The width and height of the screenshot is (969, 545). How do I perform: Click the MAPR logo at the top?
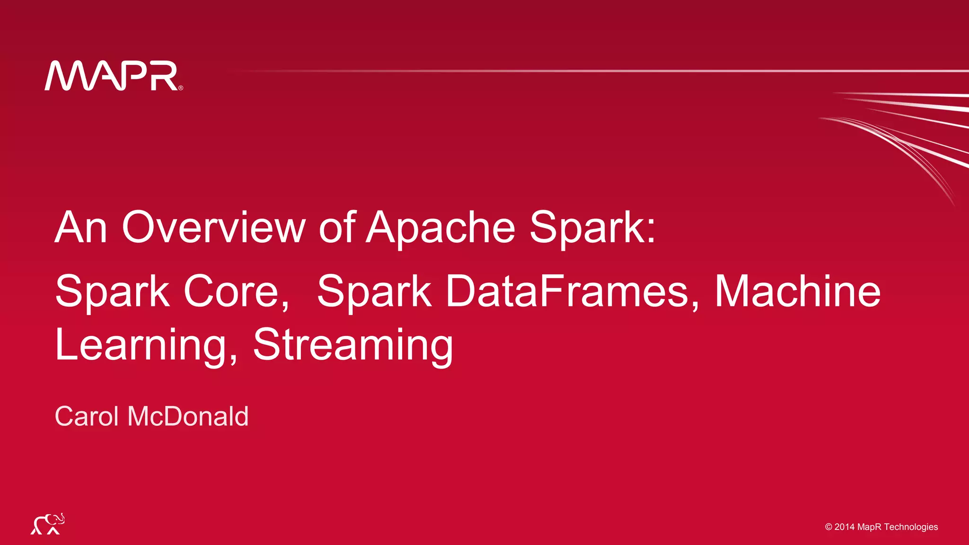[112, 76]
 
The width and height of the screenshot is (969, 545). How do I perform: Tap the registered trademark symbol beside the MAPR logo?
[181, 88]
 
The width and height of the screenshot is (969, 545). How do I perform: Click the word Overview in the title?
[214, 228]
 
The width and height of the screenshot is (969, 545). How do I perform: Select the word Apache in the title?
[440, 228]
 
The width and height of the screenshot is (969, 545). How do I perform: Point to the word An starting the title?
[81, 228]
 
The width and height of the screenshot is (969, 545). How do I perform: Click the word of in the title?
[337, 228]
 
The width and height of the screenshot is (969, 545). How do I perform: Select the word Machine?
[797, 291]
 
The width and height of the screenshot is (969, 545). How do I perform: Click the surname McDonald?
[188, 416]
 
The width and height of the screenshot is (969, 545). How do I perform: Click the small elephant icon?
[48, 524]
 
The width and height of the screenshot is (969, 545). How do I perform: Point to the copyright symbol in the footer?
[828, 527]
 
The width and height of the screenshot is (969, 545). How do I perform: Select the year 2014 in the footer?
[845, 527]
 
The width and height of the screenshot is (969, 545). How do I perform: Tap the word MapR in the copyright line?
[869, 527]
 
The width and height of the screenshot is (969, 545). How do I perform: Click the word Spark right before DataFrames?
[374, 291]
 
